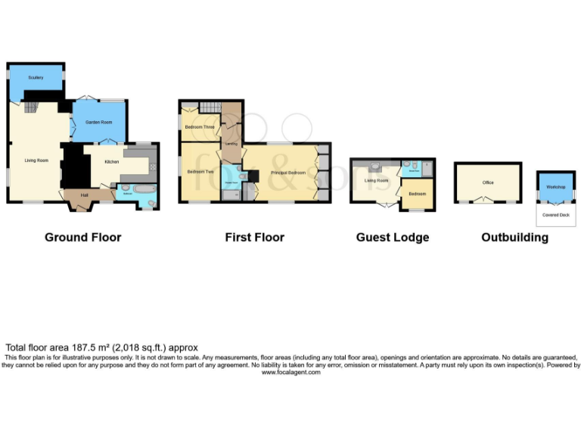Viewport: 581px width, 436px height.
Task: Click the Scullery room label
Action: click(36, 77)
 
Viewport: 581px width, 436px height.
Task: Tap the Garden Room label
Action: click(98, 122)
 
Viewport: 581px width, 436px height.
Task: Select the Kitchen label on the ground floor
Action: click(111, 162)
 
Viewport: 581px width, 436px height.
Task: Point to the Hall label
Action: click(85, 195)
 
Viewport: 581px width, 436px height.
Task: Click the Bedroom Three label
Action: click(200, 127)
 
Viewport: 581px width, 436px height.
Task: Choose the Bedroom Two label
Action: click(200, 173)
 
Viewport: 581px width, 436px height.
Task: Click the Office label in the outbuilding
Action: click(488, 182)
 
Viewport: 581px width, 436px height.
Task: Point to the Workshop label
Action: click(556, 186)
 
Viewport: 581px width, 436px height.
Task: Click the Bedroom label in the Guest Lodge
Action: click(417, 194)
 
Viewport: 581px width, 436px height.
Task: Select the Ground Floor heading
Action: click(82, 237)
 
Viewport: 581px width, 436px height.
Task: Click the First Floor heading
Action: click(254, 237)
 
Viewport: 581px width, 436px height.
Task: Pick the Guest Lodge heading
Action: click(392, 237)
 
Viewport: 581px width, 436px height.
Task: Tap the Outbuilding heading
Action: click(514, 237)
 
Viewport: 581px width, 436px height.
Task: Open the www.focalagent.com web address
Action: click(290, 372)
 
